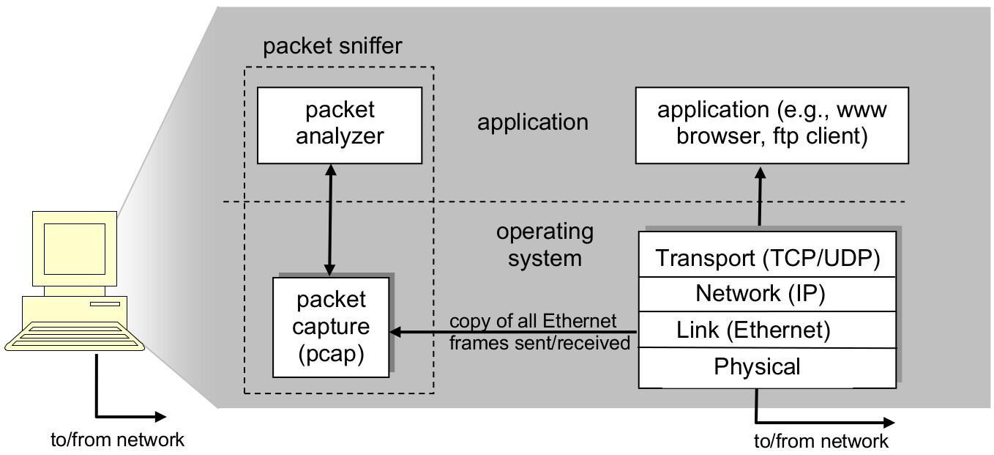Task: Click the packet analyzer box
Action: (340, 125)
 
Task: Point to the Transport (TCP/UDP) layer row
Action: (767, 259)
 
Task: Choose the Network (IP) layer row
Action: (760, 294)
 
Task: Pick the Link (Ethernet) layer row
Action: (753, 330)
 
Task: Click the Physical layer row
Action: (757, 366)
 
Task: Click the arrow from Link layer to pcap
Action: (512, 333)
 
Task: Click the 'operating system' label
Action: (545, 245)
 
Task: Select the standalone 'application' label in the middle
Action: (532, 122)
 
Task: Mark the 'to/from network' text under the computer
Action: (117, 440)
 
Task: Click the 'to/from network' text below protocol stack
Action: (821, 441)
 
